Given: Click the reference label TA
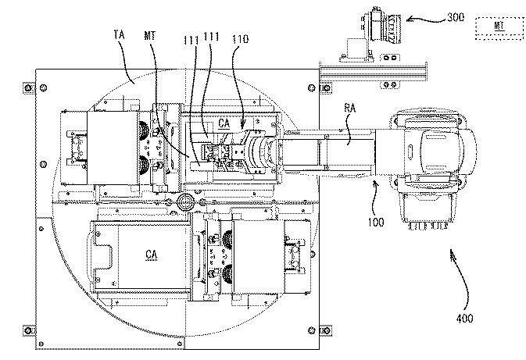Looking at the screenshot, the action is click(x=120, y=34).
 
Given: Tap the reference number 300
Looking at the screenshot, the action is click(x=456, y=17).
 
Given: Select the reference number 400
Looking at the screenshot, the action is click(x=464, y=318).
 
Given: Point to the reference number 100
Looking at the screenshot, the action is click(x=376, y=222).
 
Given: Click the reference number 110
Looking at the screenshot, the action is click(x=241, y=39).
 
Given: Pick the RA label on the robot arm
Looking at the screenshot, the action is click(x=350, y=108).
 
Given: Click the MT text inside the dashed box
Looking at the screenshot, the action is click(x=499, y=26).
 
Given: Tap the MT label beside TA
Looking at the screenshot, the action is click(x=149, y=35).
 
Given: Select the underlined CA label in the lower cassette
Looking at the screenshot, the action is click(x=152, y=255).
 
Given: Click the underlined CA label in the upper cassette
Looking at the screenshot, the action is click(x=224, y=123).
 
